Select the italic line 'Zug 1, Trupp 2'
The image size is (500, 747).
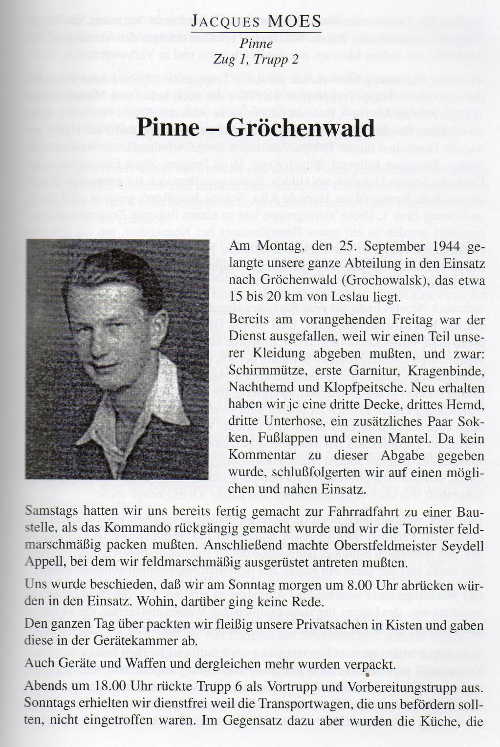(x=256, y=60)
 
